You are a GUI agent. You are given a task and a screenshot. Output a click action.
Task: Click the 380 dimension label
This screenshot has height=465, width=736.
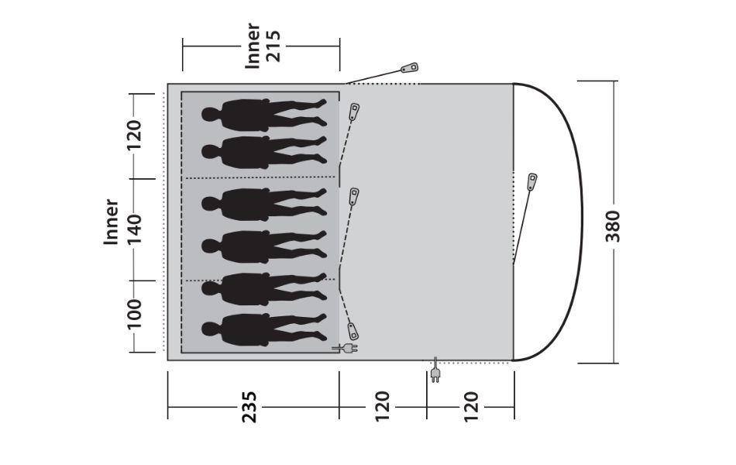point(613,226)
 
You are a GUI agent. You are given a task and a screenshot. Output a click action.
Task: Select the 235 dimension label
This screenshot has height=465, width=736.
point(249,407)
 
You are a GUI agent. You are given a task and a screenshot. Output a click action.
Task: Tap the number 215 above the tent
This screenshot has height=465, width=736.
point(273,46)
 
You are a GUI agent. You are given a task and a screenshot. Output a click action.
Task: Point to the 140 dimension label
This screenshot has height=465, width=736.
point(134,229)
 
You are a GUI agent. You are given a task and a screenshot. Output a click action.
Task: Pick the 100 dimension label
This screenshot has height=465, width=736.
point(134,314)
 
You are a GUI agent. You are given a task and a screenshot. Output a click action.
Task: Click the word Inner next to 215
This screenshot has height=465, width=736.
point(253,46)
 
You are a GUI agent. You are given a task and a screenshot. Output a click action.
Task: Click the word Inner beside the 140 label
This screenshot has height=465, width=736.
point(112,222)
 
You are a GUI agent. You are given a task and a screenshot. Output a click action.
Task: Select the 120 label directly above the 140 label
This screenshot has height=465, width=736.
point(134,135)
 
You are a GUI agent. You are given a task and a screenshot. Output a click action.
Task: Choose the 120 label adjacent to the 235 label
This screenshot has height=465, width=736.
point(382,406)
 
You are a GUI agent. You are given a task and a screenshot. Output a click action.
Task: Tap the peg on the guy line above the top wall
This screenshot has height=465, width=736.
point(409,68)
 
